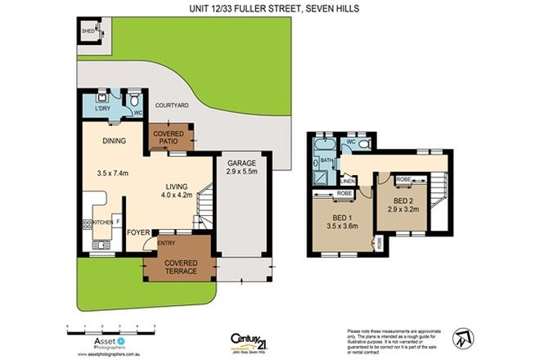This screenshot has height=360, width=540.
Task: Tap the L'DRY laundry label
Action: click(103, 109)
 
